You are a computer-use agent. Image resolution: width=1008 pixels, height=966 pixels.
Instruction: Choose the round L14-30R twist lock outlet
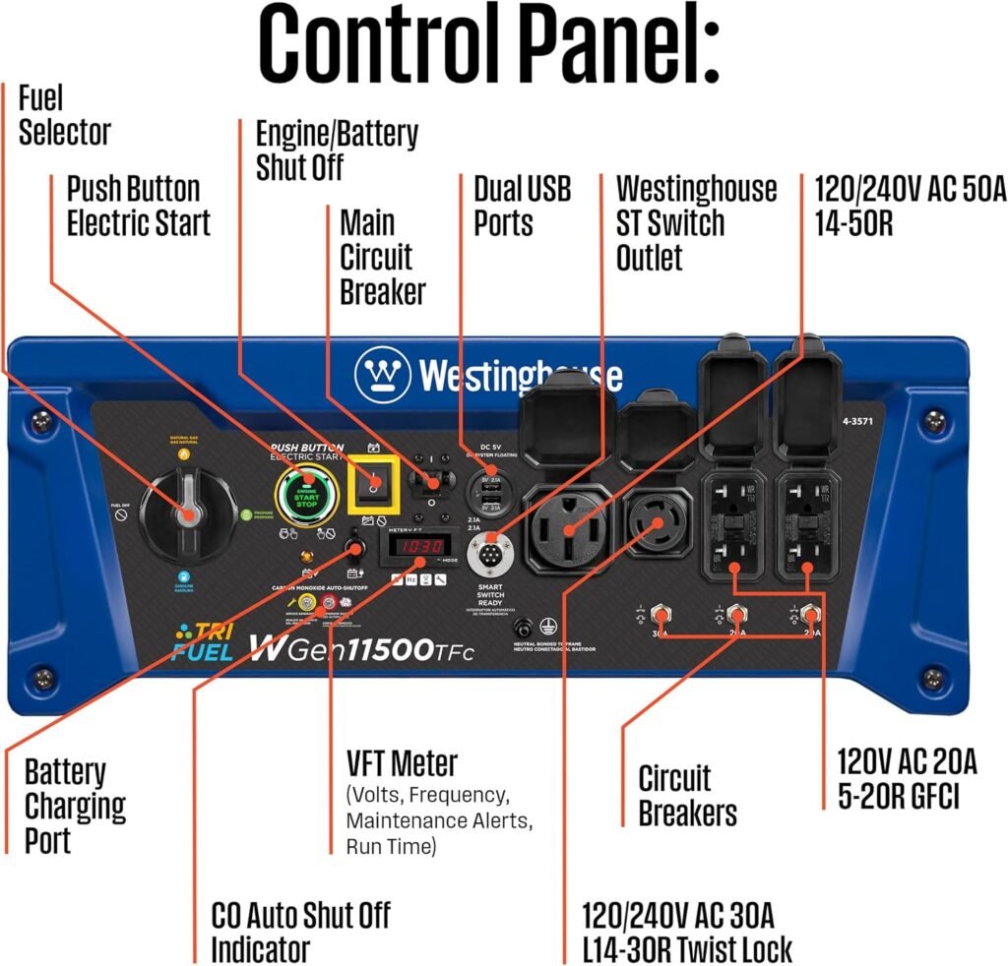(x=653, y=524)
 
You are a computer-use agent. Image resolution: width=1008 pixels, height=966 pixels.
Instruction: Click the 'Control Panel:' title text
(x=489, y=44)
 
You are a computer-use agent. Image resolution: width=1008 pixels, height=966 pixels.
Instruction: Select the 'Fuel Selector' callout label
(x=64, y=115)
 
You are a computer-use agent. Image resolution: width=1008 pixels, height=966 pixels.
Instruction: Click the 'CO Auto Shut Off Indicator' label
(x=300, y=931)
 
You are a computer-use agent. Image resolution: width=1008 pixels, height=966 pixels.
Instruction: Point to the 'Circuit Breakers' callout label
(x=687, y=796)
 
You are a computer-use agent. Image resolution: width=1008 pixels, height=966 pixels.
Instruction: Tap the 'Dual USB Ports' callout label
(x=522, y=205)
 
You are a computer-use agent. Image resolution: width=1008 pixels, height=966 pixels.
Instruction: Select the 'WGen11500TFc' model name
(x=362, y=649)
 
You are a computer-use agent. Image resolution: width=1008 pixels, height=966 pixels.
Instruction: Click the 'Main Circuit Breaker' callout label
(x=382, y=257)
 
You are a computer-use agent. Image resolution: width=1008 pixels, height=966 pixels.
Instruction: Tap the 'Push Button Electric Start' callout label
(x=138, y=205)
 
